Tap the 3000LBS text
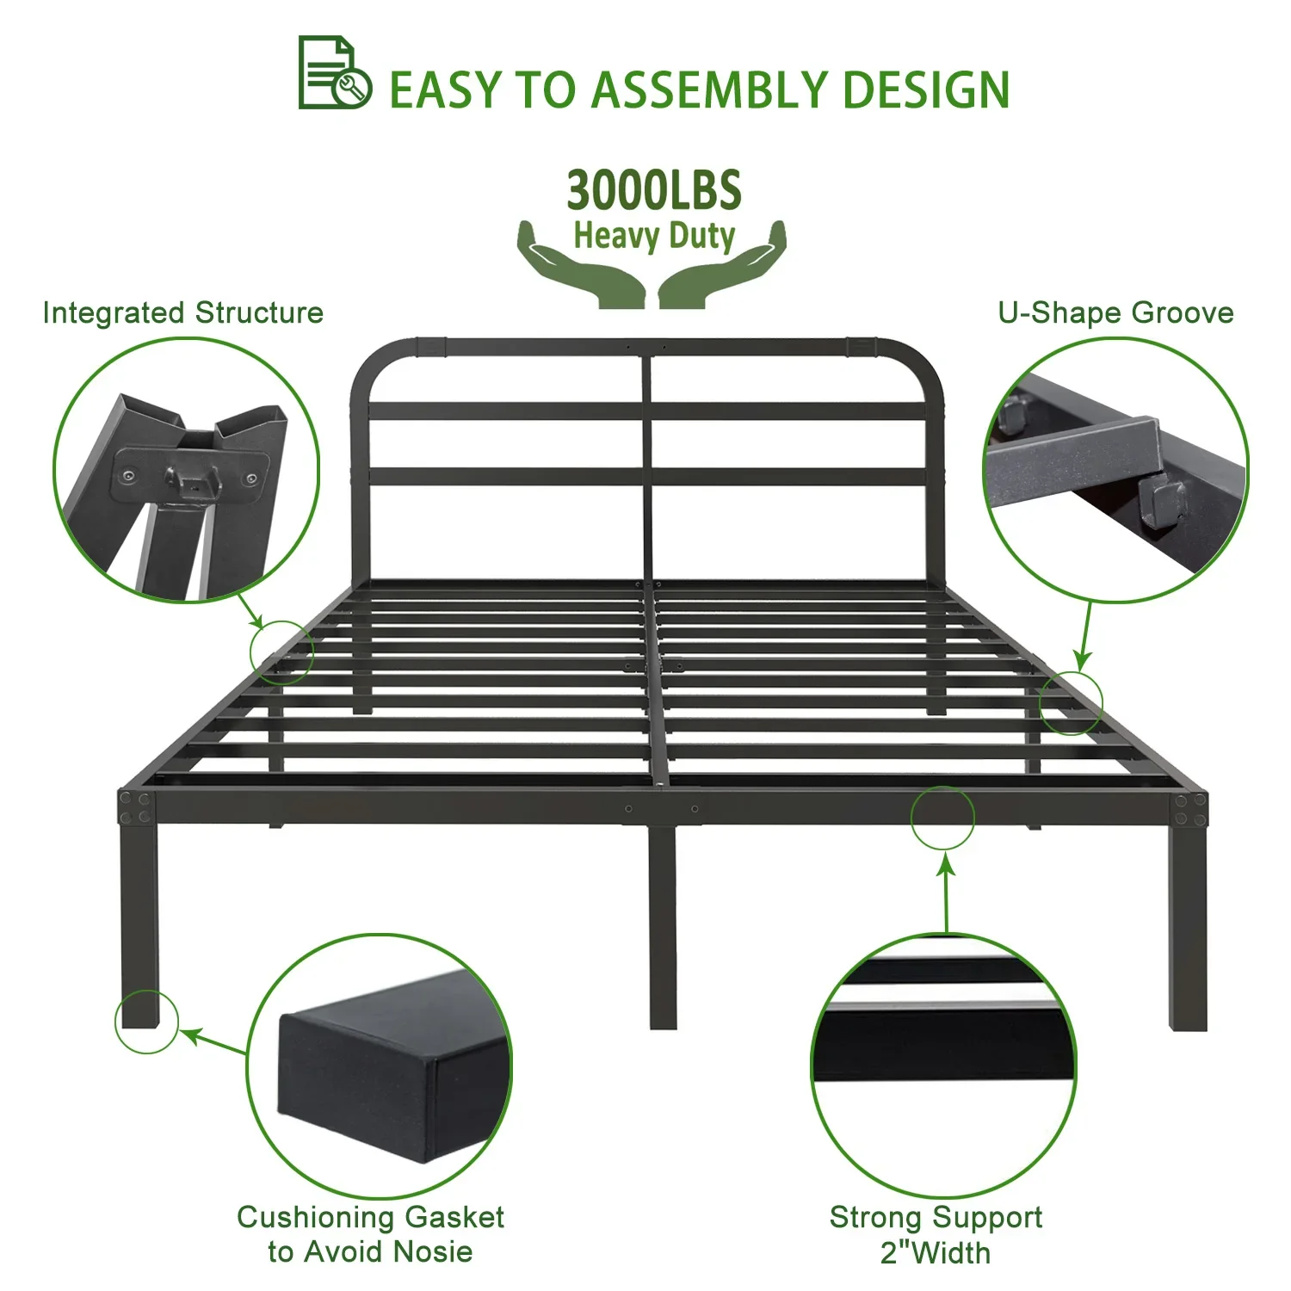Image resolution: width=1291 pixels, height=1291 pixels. coord(654,190)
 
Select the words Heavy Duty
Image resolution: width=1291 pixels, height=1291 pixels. coord(654,235)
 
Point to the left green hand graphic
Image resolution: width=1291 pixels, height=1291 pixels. coord(583,266)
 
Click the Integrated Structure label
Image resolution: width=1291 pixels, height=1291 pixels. coord(183,312)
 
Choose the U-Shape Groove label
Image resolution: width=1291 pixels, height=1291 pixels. coord(1115,312)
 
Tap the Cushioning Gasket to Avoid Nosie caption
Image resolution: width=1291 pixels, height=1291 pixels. coord(370,1233)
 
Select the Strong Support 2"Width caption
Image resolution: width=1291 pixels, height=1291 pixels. coord(936,1234)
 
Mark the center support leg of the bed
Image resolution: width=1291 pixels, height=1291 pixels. coord(662,926)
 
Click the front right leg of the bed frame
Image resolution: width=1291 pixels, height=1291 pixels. coord(1188,926)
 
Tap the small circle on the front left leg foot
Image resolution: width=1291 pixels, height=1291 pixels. coord(146,1022)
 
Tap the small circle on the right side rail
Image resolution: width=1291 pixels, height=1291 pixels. coord(1071,703)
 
